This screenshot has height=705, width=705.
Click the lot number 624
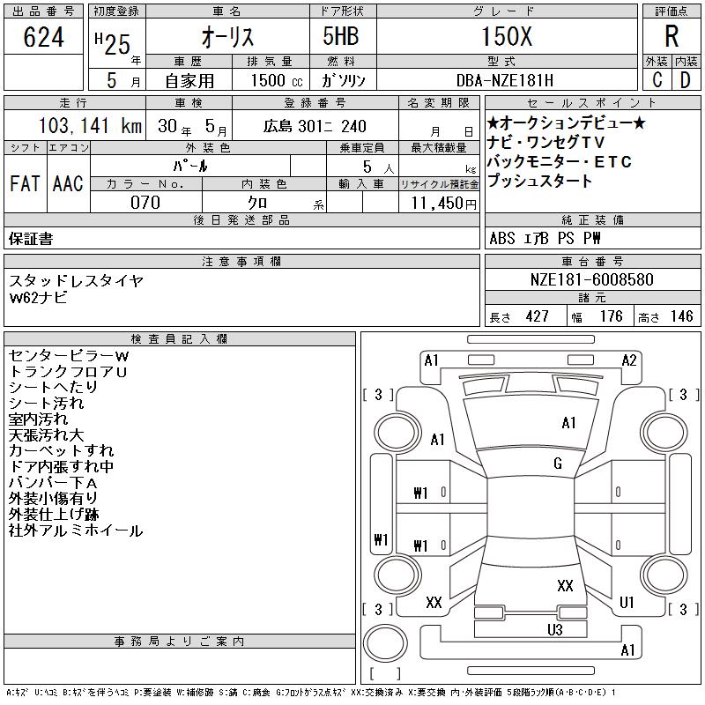pos(43,37)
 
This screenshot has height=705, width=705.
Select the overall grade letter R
pos(672,36)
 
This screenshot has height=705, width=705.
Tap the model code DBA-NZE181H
pos(504,80)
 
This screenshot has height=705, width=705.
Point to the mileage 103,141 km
pos(90,125)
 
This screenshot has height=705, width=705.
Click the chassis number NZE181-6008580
pos(591,279)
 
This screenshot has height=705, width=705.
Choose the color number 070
pos(145,203)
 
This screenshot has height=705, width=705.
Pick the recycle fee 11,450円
pos(443,204)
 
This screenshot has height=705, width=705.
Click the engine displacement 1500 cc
pos(277,80)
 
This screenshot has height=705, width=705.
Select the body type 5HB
pos(341,36)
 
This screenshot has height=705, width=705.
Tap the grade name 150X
pos(507,36)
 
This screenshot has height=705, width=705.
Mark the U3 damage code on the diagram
pos(555,629)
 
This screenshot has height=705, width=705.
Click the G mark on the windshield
pos(558,464)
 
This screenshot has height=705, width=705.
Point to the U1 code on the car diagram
pos(627,602)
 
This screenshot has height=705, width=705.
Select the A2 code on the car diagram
pos(629,360)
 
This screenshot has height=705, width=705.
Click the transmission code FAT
pos(25,183)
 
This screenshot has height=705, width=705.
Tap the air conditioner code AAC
pos(68,183)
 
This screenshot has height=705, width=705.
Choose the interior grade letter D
pos(685,80)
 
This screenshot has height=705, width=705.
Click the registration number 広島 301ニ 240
pos(315,126)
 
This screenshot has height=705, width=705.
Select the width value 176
pos(611,316)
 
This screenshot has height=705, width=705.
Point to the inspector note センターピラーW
pos(69,356)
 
